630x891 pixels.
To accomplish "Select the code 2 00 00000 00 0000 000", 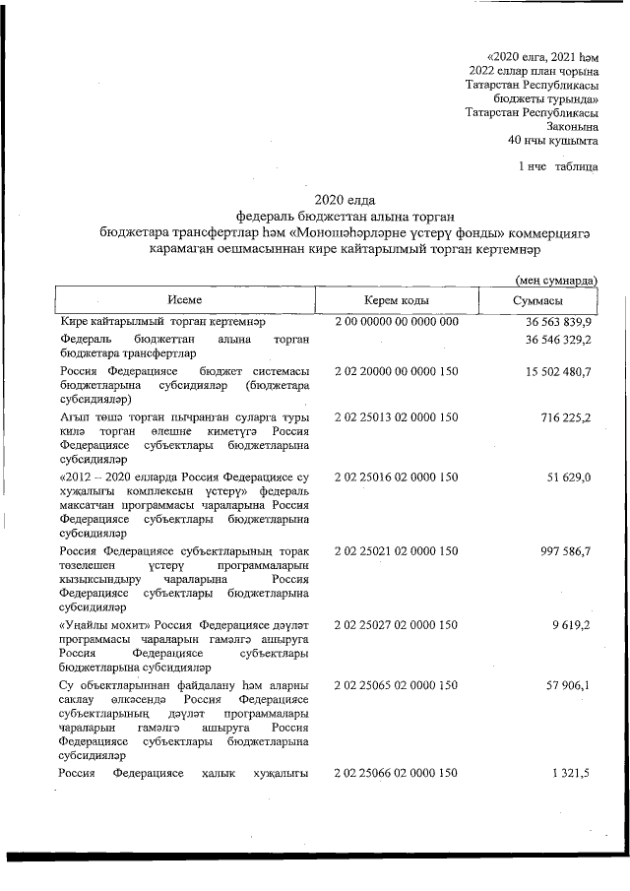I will click(397, 322).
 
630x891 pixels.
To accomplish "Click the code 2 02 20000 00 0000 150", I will click(397, 371).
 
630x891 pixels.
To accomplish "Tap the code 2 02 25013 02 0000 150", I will click(397, 418).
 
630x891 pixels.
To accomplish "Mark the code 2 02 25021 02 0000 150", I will click(397, 552).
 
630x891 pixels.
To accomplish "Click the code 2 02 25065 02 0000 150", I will click(397, 684).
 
